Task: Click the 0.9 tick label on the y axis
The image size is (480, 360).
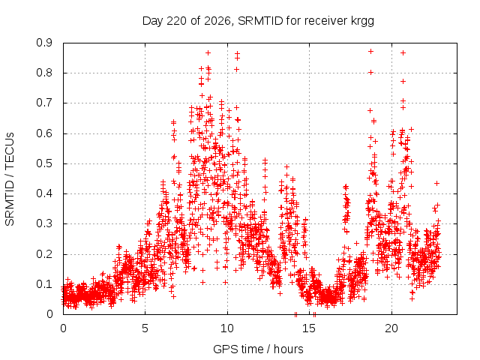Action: [44, 43]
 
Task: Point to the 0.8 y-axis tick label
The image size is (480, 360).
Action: [44, 73]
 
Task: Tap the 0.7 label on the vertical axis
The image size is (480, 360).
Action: [44, 103]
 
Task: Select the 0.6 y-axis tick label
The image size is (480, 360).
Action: [44, 133]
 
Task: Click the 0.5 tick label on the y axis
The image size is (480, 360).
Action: [44, 163]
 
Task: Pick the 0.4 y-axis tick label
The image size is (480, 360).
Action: [44, 193]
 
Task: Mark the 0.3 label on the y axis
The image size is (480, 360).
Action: [44, 223]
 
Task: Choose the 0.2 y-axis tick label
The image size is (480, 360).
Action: [44, 253]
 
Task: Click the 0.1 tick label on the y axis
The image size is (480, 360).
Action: [44, 283]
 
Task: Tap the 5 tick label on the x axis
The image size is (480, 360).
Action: [145, 328]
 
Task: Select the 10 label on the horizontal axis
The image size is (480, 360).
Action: [227, 328]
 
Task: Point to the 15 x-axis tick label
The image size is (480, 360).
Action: [309, 328]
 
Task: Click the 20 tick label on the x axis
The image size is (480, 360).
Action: [391, 328]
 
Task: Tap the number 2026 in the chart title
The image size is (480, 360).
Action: [217, 21]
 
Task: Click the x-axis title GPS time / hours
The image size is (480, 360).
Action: [258, 349]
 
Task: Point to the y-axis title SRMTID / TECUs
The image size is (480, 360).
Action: [10, 179]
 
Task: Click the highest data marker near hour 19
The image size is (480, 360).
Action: [370, 52]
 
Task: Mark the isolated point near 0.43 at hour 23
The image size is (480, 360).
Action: [436, 183]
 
